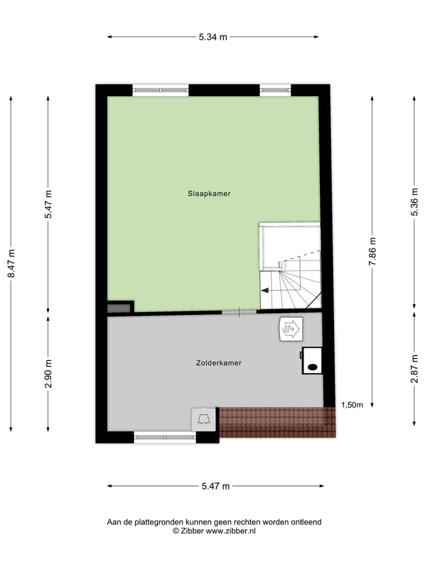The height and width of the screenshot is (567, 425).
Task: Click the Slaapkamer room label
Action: (209, 194)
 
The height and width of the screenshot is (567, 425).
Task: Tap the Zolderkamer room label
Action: (219, 363)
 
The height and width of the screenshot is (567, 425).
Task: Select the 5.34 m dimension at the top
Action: (213, 37)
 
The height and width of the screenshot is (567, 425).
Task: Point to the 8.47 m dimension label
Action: (11, 264)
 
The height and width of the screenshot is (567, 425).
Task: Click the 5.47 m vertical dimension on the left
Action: (48, 204)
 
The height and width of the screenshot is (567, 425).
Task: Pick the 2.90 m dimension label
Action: (48, 373)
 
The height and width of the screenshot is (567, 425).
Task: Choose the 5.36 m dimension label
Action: (414, 204)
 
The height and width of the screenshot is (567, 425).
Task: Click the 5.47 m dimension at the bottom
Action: (215, 486)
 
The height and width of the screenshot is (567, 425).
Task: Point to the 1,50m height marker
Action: (352, 405)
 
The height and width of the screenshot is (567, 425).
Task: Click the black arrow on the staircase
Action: (266, 290)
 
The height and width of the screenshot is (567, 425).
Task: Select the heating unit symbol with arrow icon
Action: (290, 328)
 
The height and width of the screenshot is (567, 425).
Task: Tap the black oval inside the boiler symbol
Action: (312, 367)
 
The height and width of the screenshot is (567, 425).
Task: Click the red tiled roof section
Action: (277, 422)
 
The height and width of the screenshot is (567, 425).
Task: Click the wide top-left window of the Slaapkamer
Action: (161, 90)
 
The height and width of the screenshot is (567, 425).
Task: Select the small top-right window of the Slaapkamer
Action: (275, 90)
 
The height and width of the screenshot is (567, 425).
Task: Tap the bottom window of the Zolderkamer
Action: (165, 437)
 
